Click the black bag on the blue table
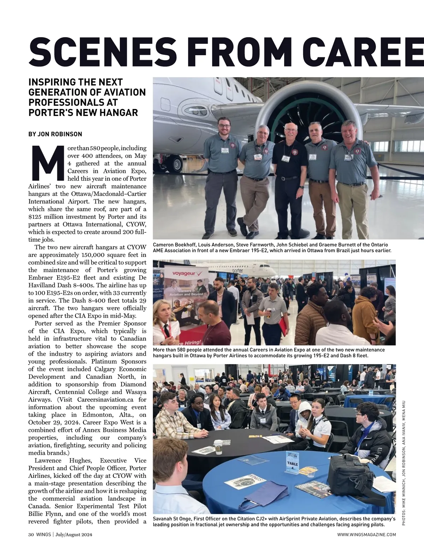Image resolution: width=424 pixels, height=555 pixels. pyautogui.click(x=349, y=470)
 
